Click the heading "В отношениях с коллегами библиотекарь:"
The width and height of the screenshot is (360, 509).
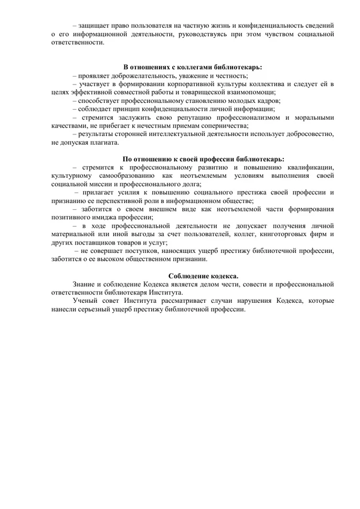tap(193, 67)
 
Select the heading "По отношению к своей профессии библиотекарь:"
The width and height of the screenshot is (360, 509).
tap(204, 159)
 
